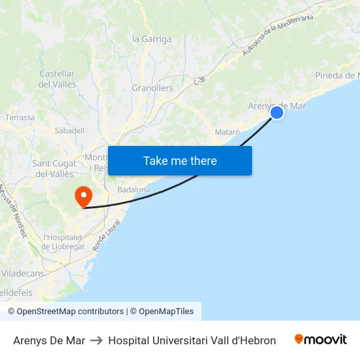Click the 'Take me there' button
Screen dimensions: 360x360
[x=180, y=160]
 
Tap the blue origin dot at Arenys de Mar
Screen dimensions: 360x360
[x=277, y=113]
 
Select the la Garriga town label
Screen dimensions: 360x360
[x=152, y=39]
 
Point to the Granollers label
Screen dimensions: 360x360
[x=153, y=88]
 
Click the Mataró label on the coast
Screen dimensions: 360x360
[x=227, y=132]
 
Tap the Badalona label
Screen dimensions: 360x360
[x=134, y=190]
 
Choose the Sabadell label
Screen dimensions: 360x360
[x=69, y=130]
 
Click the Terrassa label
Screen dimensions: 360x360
[x=20, y=117]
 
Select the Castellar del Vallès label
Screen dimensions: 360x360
[x=58, y=79]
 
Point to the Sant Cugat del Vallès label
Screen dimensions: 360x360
[x=54, y=168]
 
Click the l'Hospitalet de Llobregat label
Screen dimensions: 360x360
[x=63, y=242]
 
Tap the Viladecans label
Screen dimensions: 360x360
[x=23, y=273]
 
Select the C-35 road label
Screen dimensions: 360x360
[x=200, y=79]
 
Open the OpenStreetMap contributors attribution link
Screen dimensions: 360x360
[x=70, y=312]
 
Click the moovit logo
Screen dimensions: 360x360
[x=321, y=340]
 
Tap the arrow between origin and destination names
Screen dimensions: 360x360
[x=96, y=340]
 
